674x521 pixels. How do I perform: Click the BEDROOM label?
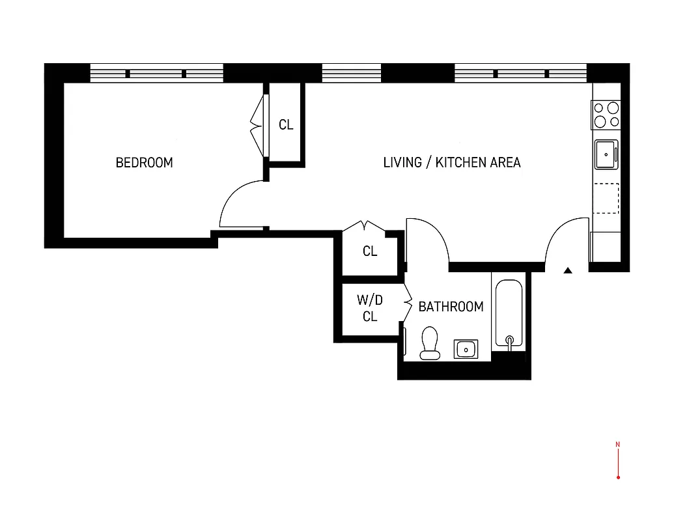144,163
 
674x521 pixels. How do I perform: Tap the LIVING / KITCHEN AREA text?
452,163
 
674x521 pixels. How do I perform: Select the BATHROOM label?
451,307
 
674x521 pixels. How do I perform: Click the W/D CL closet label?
370,309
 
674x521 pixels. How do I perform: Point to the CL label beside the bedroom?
286,125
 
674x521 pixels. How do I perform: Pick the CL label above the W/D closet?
370,251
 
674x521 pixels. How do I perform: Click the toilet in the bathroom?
430,343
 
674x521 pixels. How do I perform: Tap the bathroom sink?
466,349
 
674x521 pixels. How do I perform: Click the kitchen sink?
606,154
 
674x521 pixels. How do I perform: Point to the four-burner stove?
606,115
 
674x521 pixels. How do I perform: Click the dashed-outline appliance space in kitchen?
606,199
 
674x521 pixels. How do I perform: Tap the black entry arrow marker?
568,270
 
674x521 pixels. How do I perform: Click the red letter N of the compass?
617,445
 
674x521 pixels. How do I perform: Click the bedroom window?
156,73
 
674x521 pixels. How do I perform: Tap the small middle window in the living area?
352,73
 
